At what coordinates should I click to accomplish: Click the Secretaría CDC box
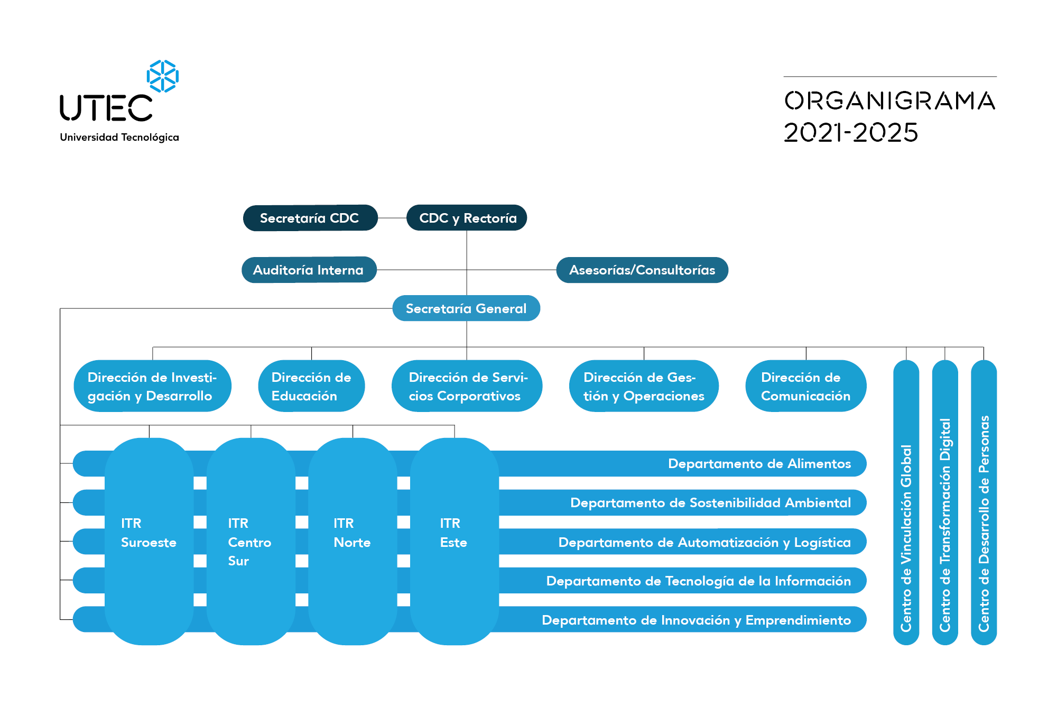click(x=310, y=218)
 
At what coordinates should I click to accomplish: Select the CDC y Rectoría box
click(x=467, y=218)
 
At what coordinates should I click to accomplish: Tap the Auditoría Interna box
click(x=309, y=270)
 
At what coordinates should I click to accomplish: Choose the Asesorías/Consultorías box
click(x=642, y=270)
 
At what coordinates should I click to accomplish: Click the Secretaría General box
click(x=466, y=308)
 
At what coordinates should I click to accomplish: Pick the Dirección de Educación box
click(x=311, y=386)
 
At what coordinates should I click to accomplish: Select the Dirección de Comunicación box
click(x=806, y=386)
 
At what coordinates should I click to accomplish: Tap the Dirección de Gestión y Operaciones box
click(x=644, y=386)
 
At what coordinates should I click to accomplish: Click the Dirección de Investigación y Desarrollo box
click(x=153, y=386)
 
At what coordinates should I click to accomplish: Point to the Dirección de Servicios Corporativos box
click(x=467, y=386)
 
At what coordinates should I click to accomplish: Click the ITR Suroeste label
click(x=149, y=533)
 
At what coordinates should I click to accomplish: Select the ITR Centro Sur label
click(x=249, y=542)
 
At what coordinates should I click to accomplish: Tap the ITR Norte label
click(x=352, y=533)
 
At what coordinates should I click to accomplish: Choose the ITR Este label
click(x=453, y=533)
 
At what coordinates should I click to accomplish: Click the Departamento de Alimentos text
click(x=759, y=464)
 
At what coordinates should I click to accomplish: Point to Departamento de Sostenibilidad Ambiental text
click(x=710, y=502)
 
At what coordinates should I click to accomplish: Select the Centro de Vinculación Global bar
click(x=906, y=502)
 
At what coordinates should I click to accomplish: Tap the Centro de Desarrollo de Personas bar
click(x=984, y=502)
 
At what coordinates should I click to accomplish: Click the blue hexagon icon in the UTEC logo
click(x=163, y=76)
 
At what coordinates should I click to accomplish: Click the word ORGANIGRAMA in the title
click(x=890, y=100)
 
